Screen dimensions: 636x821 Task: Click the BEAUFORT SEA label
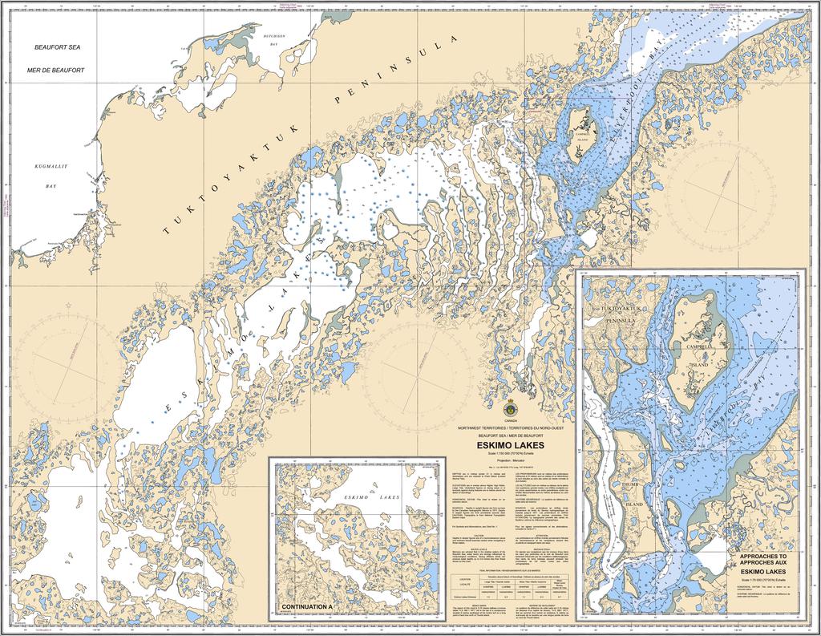(59, 48)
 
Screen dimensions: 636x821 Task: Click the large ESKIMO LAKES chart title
(511, 445)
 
